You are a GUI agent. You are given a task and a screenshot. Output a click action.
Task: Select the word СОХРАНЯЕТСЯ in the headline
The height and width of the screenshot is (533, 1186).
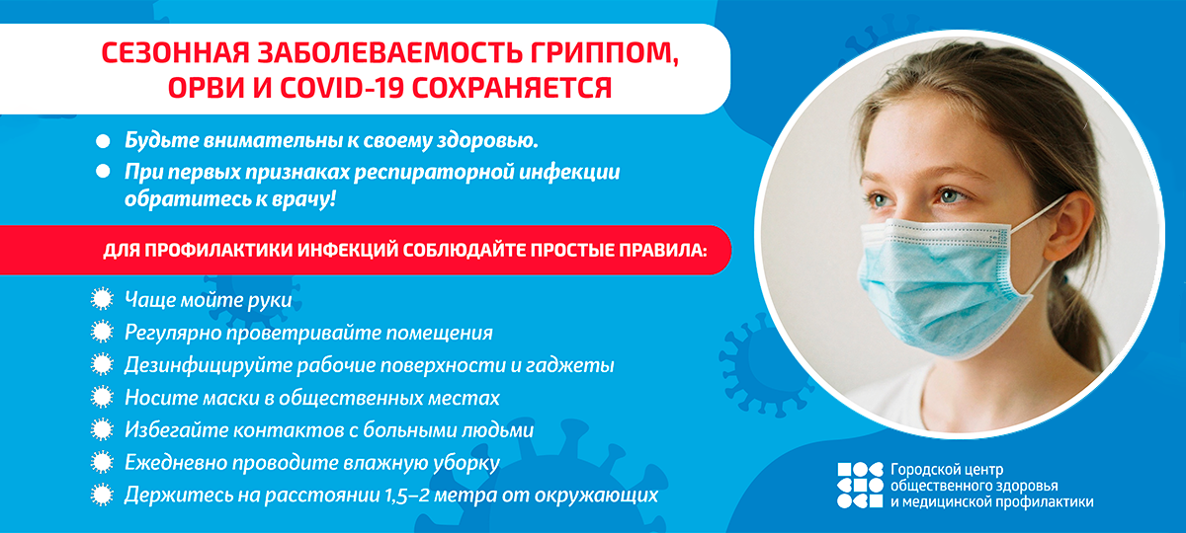512,88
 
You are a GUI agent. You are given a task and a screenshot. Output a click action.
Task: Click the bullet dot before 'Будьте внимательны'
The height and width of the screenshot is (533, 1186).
103,141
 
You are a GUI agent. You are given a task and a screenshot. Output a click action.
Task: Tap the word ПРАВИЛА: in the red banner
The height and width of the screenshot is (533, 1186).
663,250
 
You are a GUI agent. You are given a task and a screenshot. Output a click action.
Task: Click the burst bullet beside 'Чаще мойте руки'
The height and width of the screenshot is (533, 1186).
102,299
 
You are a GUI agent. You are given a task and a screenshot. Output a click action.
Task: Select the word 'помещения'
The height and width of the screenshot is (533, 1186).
439,334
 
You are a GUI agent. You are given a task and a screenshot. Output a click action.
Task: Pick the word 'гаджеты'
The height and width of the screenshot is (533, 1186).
569,365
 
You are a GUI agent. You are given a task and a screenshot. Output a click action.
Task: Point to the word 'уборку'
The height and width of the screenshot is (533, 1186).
466,463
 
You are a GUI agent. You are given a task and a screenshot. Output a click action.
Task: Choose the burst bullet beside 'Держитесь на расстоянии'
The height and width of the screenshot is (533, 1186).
102,495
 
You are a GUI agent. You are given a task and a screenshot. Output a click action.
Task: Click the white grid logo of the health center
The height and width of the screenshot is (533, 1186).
861,486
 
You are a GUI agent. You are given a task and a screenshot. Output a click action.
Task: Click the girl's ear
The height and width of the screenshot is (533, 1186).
1068,227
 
